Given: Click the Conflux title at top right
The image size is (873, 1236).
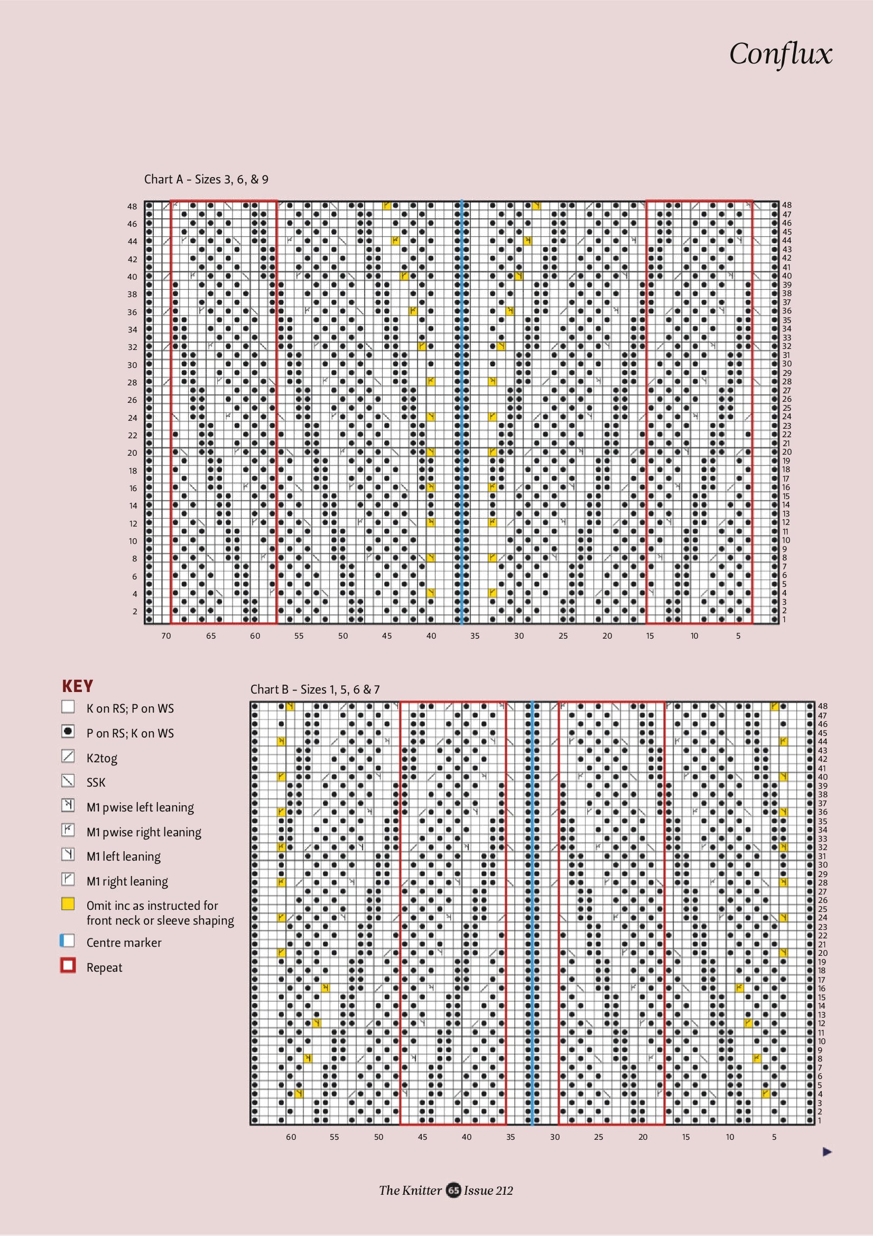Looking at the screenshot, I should tap(781, 54).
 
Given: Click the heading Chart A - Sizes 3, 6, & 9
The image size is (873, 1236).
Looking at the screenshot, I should tap(206, 179).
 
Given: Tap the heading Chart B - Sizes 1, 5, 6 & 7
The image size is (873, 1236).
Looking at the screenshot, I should tap(315, 689).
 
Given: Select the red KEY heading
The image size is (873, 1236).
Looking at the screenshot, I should tap(78, 686).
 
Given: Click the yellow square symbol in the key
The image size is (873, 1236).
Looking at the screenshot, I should tap(68, 904).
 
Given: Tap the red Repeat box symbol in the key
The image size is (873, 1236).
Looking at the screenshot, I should tap(68, 965).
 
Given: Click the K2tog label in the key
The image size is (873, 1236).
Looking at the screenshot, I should tap(101, 758).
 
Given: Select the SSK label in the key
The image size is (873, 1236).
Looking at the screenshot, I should tap(96, 782).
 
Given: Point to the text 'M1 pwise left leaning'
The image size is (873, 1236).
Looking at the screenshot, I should tap(140, 807).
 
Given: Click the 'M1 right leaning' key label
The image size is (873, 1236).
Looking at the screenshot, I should tap(127, 881).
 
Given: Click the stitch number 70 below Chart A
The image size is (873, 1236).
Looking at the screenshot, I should tap(166, 636).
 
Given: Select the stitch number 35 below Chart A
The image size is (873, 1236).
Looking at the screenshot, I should tap(475, 636).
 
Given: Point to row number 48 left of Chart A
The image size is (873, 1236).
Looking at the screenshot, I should tap(133, 206).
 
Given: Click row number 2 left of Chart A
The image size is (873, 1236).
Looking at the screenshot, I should tap(135, 612).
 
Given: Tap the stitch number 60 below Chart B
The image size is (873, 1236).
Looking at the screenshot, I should tap(291, 1137).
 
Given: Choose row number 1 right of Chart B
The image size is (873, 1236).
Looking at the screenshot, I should tap(820, 1120).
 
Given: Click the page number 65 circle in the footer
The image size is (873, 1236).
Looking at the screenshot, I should tap(453, 1190).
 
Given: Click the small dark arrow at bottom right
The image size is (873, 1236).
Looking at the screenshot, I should tap(827, 1151).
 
